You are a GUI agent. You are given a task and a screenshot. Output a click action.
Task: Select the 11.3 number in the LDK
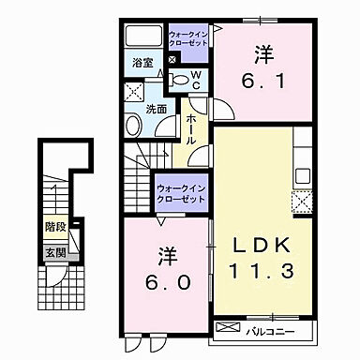[263, 272]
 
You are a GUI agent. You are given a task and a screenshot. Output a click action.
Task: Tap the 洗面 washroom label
[156, 109]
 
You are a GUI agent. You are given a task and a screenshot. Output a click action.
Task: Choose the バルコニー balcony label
[270, 331]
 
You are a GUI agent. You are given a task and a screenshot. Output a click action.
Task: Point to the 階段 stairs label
[54, 227]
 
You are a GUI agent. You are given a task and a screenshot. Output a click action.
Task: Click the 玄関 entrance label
[54, 252]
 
